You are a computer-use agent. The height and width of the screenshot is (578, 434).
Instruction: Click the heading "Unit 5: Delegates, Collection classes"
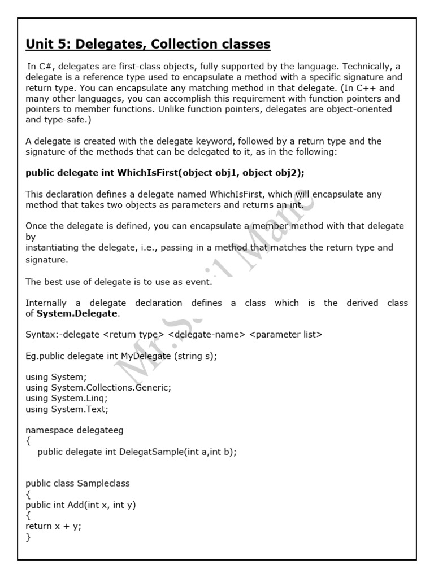click(x=148, y=43)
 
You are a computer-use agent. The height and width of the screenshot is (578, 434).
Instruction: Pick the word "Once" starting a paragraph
click(x=36, y=226)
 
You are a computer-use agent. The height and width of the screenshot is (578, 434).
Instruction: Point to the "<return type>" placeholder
click(x=134, y=335)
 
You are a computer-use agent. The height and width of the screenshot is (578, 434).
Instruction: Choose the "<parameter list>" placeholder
click(x=285, y=335)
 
